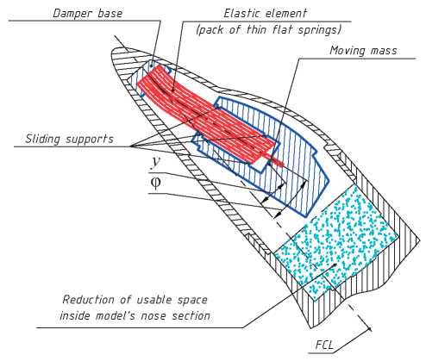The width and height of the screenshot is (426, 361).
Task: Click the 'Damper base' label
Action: (x=88, y=14)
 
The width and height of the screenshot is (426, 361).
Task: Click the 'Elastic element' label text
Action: (x=266, y=13)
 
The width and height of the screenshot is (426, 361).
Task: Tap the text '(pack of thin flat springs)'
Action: (x=268, y=30)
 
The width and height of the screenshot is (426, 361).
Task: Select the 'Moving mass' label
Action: (x=363, y=51)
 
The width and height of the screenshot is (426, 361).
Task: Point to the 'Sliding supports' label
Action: (x=70, y=139)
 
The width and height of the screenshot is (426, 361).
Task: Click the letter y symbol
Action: (x=156, y=162)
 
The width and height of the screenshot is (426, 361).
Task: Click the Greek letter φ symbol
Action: (x=156, y=183)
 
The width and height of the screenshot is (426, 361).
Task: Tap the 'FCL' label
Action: (x=324, y=345)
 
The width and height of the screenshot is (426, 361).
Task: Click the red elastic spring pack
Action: (x=206, y=115)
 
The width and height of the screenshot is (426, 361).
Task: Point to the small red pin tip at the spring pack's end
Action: (x=280, y=163)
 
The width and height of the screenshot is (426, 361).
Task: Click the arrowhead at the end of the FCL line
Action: (x=370, y=328)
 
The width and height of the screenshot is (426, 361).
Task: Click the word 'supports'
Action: (x=90, y=140)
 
